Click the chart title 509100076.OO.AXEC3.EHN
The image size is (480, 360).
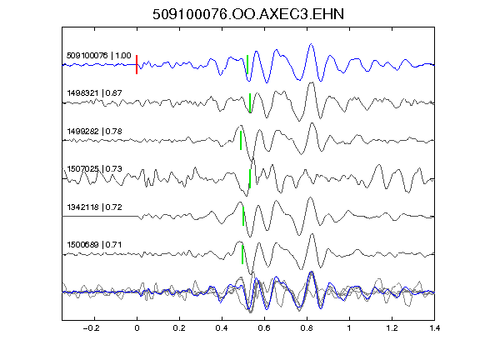point(248,14)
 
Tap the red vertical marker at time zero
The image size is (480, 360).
point(137,65)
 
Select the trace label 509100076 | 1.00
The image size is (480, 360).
point(98,55)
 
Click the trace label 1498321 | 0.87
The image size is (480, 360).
point(94,92)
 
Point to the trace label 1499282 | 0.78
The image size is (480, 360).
point(94,132)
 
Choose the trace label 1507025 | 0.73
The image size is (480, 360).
point(94,168)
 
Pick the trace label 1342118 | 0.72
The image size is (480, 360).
point(94,207)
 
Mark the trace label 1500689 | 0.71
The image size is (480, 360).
point(94,245)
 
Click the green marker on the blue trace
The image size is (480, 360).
point(247,65)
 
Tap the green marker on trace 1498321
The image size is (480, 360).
point(250,102)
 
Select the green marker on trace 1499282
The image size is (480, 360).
point(241,140)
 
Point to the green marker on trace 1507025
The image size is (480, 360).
point(250,178)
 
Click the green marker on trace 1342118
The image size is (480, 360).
point(243,216)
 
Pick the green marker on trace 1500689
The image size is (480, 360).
point(242,254)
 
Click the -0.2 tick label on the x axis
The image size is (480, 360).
point(91,328)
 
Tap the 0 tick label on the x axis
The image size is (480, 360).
point(137,328)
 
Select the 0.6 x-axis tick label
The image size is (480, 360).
point(264,328)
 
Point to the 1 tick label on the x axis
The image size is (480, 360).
point(349,328)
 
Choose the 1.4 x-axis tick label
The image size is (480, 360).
point(434,328)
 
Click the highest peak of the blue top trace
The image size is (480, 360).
point(312,44)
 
